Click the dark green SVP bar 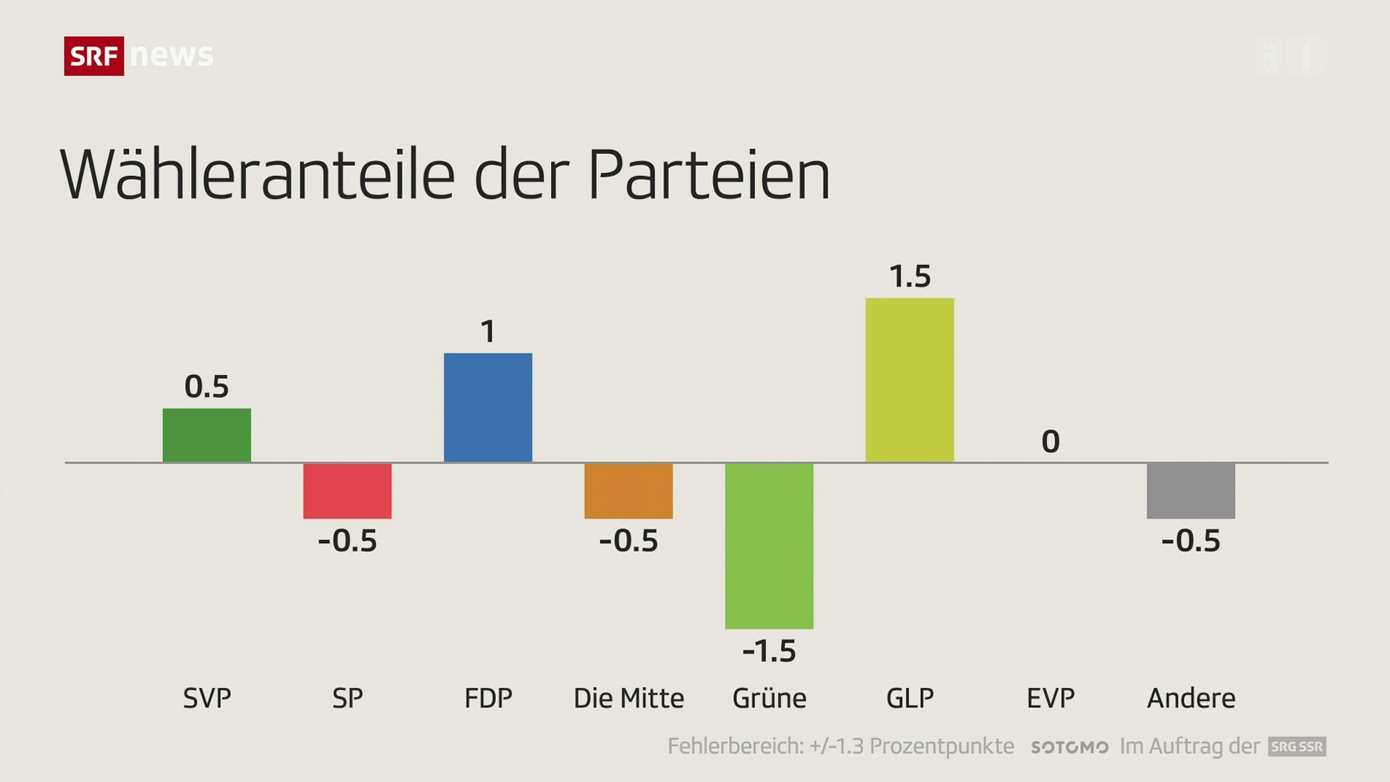click(x=206, y=435)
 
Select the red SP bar click(x=347, y=491)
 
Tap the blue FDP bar click(x=488, y=408)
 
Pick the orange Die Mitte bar click(x=628, y=491)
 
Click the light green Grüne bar click(x=769, y=546)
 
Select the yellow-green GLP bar click(x=909, y=380)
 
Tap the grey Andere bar click(x=1191, y=491)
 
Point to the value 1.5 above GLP click(x=909, y=277)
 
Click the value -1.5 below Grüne click(x=769, y=651)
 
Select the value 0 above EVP click(x=1050, y=442)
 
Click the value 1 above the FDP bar click(x=488, y=332)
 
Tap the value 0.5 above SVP click(x=206, y=387)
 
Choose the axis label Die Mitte click(x=628, y=698)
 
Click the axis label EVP click(x=1050, y=698)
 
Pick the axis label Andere click(x=1191, y=698)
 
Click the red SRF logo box click(x=94, y=56)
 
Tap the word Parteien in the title click(x=709, y=175)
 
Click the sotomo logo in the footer click(x=1069, y=747)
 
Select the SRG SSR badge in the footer click(x=1297, y=747)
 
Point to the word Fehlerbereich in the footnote click(x=734, y=747)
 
